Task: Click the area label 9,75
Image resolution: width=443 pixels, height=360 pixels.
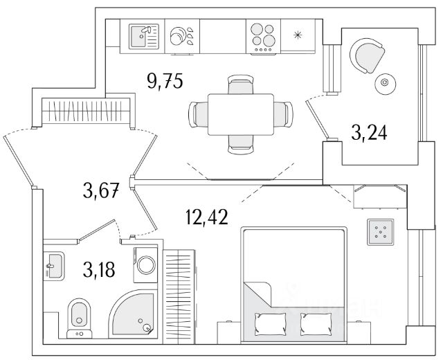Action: [x=164, y=82]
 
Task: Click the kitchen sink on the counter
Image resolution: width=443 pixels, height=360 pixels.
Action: [x=144, y=35]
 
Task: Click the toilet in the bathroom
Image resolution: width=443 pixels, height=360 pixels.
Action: [x=80, y=316]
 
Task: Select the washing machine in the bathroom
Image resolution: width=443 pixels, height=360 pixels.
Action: [x=147, y=264]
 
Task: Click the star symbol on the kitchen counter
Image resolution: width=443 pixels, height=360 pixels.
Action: [x=298, y=35]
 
